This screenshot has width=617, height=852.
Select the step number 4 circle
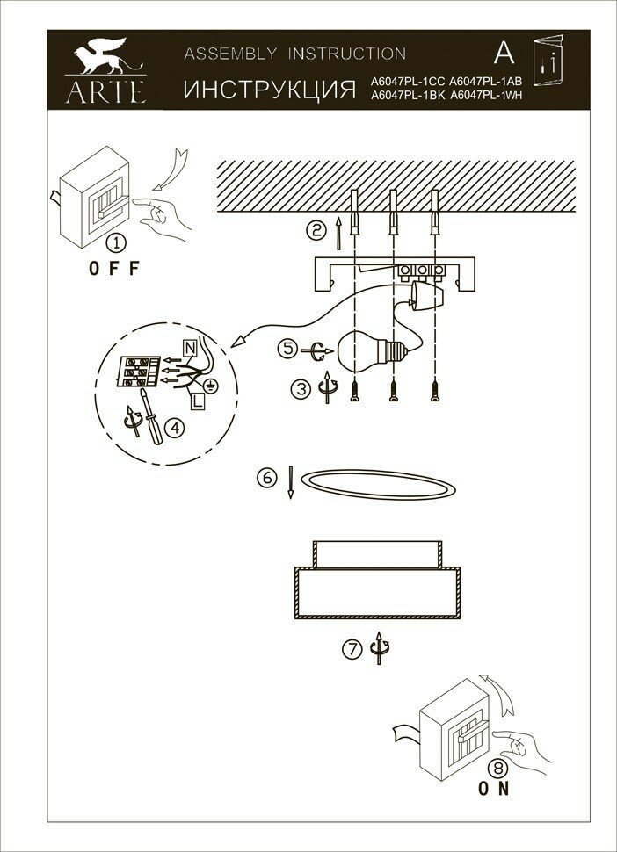[x=175, y=428]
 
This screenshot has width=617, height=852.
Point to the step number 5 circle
[x=288, y=348]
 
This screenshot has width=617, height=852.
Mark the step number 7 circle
[x=352, y=650]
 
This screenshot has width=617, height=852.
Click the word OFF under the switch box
[x=114, y=270]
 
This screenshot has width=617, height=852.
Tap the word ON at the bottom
[x=494, y=788]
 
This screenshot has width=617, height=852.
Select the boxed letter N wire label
[x=190, y=347]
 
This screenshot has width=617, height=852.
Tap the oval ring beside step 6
[x=378, y=483]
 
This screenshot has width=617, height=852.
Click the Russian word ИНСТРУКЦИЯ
[x=268, y=89]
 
